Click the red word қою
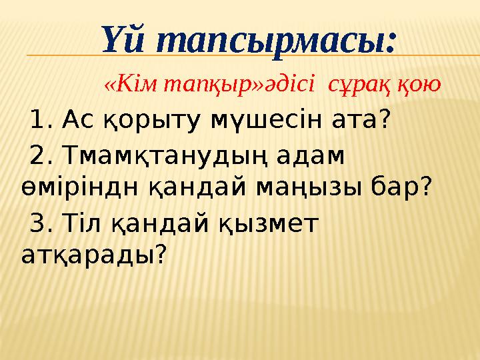point(419,85)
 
